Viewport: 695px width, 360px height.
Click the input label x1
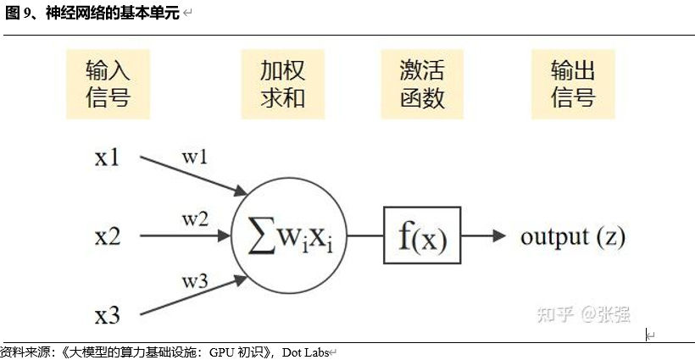click(x=108, y=158)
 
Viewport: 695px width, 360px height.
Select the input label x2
click(x=108, y=236)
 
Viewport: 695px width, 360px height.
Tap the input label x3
click(x=108, y=316)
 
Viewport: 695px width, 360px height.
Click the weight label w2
click(x=195, y=219)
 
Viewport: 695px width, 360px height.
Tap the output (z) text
click(x=572, y=235)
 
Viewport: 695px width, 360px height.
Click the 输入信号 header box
click(x=108, y=83)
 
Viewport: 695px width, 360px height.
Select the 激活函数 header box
click(x=421, y=83)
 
